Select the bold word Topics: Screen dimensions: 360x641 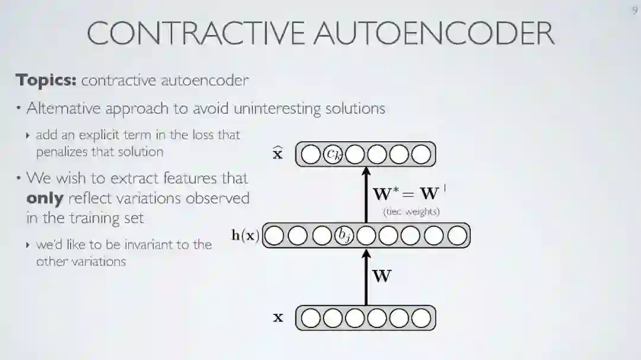point(46,80)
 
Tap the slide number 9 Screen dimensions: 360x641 point(634,11)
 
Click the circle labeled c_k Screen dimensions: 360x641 point(333,154)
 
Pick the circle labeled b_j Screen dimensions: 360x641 point(344,235)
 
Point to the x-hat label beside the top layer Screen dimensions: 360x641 point(277,154)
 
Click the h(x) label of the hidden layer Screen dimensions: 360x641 point(245,235)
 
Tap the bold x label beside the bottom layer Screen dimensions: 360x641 point(278,318)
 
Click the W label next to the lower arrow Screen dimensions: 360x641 point(382,276)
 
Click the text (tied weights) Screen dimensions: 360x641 point(411,212)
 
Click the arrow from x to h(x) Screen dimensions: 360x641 point(366,277)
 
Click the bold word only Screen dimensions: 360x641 point(45,198)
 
